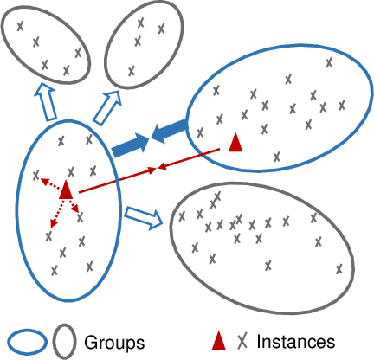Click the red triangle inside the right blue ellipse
235,143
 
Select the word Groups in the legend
114,341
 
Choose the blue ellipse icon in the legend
28,341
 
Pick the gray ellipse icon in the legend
66,341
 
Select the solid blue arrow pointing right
130,145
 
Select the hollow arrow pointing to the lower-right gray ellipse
144,216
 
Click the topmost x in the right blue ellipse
328,62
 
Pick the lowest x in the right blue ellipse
276,157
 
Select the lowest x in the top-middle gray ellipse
132,71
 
